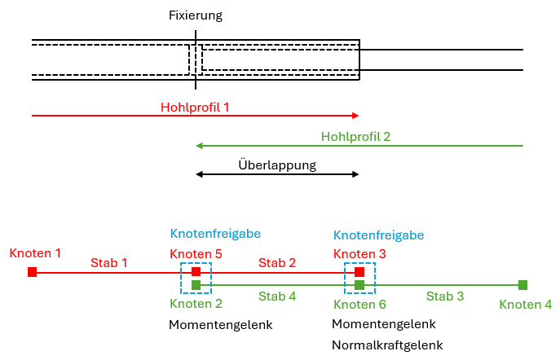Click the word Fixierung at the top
[195, 15]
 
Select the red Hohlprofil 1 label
[195, 106]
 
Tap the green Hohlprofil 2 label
[355, 137]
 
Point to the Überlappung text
[277, 165]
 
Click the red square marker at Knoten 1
[32, 272]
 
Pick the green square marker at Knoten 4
[523, 285]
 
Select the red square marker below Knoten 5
[196, 272]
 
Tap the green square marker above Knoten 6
[359, 285]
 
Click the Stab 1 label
[109, 262]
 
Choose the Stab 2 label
[277, 262]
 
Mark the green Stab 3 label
[445, 296]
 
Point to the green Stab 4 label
[277, 296]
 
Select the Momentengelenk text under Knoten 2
[220, 325]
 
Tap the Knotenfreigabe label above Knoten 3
[378, 235]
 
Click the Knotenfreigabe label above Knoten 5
[215, 234]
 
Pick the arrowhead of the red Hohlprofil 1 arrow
[355, 116]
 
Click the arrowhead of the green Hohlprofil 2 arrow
[200, 147]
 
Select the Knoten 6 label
[359, 305]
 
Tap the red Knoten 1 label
[35, 253]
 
